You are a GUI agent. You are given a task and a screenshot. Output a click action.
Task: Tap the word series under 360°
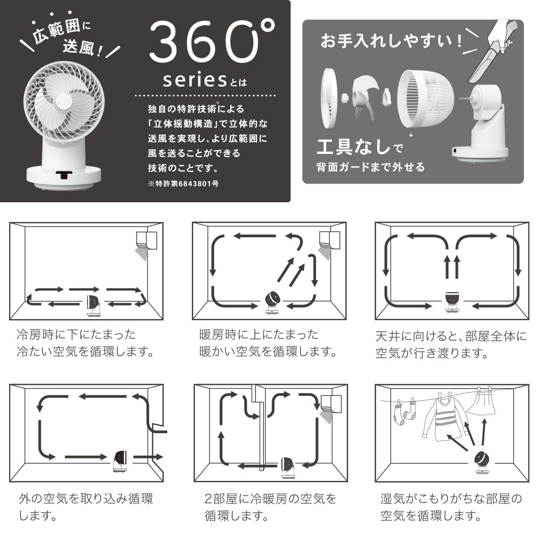click(195, 80)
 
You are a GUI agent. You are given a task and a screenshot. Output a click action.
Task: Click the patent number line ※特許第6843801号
click(183, 183)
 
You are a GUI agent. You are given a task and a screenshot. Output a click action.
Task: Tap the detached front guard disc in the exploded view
click(329, 98)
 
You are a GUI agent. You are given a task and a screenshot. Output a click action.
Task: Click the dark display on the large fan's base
click(64, 175)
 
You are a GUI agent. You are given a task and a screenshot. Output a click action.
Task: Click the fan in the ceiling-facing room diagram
click(452, 302)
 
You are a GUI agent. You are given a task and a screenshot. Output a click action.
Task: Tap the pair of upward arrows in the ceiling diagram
click(452, 266)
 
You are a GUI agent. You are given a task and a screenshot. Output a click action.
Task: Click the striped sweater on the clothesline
click(443, 417)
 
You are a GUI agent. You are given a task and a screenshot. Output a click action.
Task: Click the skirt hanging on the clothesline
click(481, 401)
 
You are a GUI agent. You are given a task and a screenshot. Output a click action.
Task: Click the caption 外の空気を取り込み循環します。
click(86, 507)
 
